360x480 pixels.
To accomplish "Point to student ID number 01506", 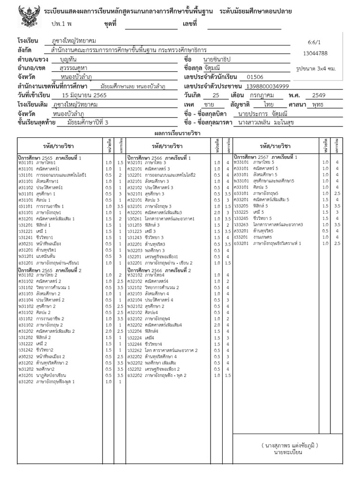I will [x=255, y=77].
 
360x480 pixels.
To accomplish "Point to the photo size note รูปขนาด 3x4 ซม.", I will [x=316, y=68].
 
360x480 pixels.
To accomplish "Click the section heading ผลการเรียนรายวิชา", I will [x=180, y=133].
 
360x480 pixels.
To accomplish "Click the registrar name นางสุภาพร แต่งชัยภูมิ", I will [x=289, y=445].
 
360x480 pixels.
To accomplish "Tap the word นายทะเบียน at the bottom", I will [x=289, y=452].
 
